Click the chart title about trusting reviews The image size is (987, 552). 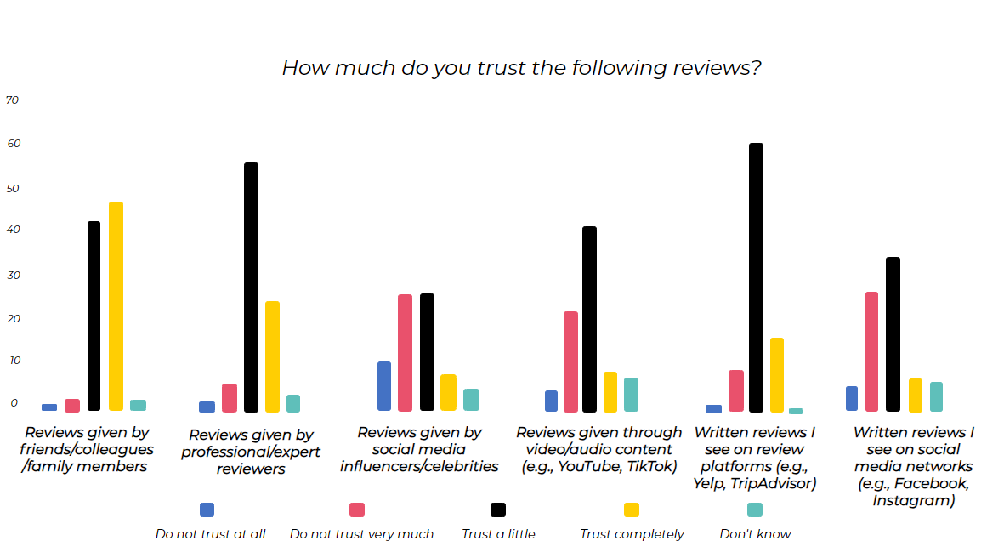[x=521, y=68]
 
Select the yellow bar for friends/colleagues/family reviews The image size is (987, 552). [x=116, y=306]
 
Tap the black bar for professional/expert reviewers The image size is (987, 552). [x=251, y=287]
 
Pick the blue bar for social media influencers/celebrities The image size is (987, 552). [x=384, y=386]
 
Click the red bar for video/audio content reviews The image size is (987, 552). [x=570, y=361]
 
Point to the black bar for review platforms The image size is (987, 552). [x=756, y=277]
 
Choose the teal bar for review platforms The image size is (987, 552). [x=796, y=411]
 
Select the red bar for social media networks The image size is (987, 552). [x=871, y=351]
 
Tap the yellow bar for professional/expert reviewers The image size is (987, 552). [x=272, y=356]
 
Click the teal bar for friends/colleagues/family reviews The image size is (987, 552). [x=138, y=405]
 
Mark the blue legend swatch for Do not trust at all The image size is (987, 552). [x=207, y=509]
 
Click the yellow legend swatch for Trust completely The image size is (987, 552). [x=632, y=509]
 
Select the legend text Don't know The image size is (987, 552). [x=755, y=534]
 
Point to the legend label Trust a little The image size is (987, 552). [x=498, y=534]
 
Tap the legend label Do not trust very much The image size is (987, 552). [x=361, y=534]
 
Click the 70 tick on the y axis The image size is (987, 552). [x=12, y=100]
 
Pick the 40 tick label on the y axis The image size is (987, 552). [x=12, y=230]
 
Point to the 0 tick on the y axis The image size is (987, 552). [x=14, y=402]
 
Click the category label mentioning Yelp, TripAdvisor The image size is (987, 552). [x=755, y=458]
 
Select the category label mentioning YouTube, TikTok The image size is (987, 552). [x=599, y=449]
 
